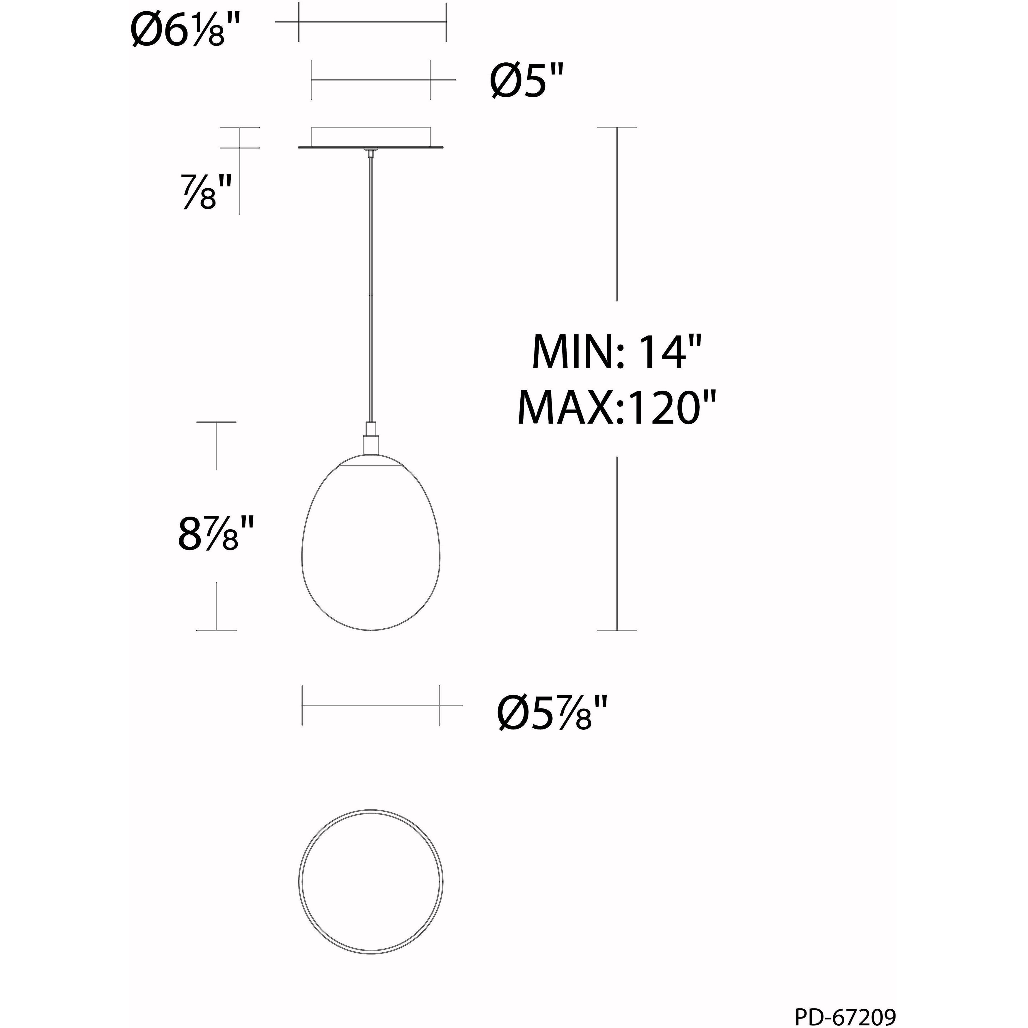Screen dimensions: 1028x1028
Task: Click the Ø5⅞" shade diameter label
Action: click(552, 714)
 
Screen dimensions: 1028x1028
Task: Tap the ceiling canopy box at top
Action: click(371, 137)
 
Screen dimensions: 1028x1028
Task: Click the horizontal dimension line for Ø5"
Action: click(371, 80)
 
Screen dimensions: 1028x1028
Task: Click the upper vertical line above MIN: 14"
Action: click(617, 213)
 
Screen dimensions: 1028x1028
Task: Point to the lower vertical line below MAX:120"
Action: click(617, 543)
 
